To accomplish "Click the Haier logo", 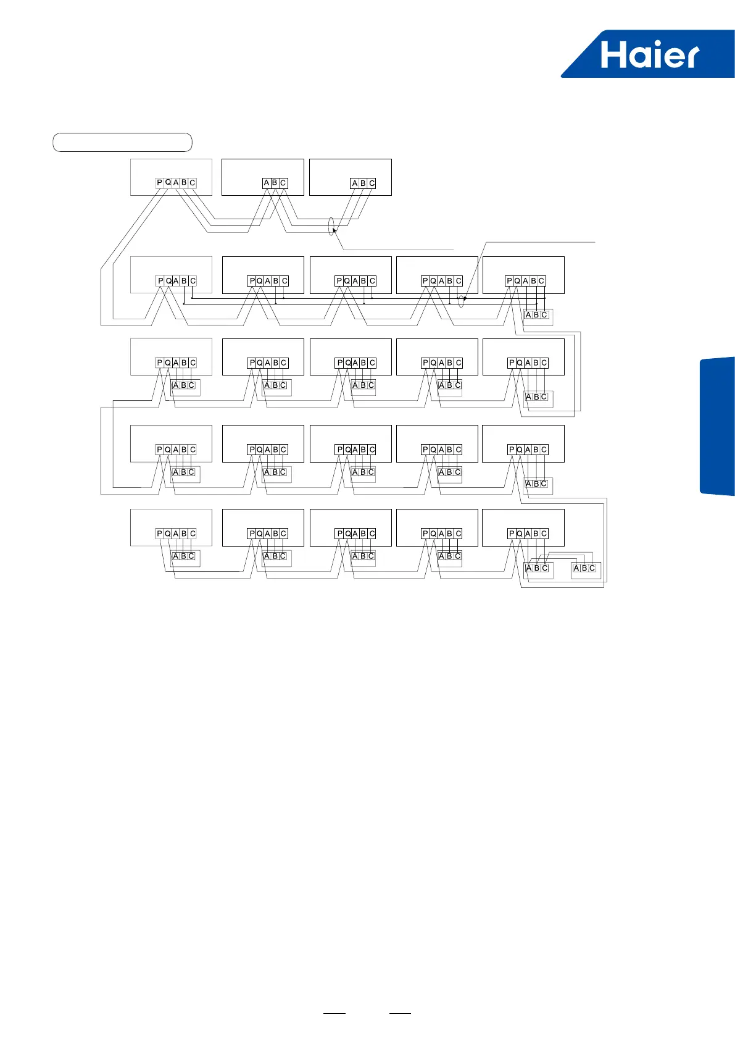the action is pos(648,54).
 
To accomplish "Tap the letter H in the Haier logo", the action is pos(613,55).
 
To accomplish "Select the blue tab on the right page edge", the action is pos(717,426).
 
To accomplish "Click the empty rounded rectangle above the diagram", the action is pos(122,142).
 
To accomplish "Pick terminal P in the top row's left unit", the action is pos(159,183).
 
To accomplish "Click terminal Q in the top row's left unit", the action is pos(168,183).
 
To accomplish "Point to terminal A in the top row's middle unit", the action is pos(267,183).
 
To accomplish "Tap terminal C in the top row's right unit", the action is pos(372,183).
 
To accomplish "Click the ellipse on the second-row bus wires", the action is pos(461,301).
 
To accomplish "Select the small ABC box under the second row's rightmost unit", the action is pos(537,316).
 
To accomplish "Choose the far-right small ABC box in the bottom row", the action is pos(585,568).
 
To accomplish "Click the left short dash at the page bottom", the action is pos(335,1013).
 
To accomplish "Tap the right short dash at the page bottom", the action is pos(400,1013).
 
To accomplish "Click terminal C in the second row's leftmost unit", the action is pos(193,281).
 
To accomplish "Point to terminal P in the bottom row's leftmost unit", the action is pos(159,534).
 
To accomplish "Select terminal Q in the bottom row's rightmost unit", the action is pos(520,534).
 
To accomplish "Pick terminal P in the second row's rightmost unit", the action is pos(509,281).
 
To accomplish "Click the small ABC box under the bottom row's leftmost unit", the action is pos(184,556).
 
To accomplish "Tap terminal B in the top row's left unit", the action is pos(184,183).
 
